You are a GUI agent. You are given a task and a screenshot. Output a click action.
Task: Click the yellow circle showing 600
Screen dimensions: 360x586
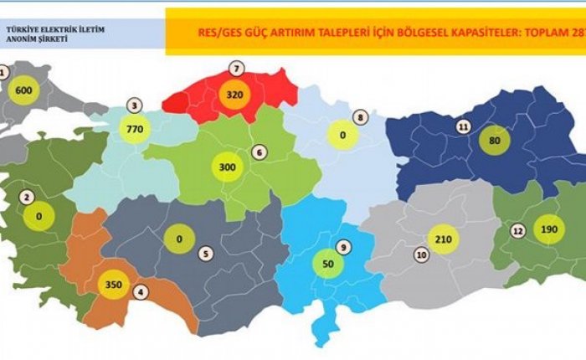pyautogui.click(x=23, y=90)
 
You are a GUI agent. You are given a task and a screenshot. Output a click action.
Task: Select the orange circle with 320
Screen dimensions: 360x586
pyautogui.click(x=233, y=95)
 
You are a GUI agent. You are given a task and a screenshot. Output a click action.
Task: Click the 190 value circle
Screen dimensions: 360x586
pyautogui.click(x=546, y=229)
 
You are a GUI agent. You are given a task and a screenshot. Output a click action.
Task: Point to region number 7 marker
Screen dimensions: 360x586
pyautogui.click(x=237, y=68)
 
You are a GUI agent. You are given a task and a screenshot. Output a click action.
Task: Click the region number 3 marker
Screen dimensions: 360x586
pyautogui.click(x=133, y=105)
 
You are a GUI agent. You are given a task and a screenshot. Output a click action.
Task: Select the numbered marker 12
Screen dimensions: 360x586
pyautogui.click(x=518, y=229)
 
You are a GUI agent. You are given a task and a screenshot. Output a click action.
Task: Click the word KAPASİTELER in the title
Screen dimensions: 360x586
pyautogui.click(x=470, y=34)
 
